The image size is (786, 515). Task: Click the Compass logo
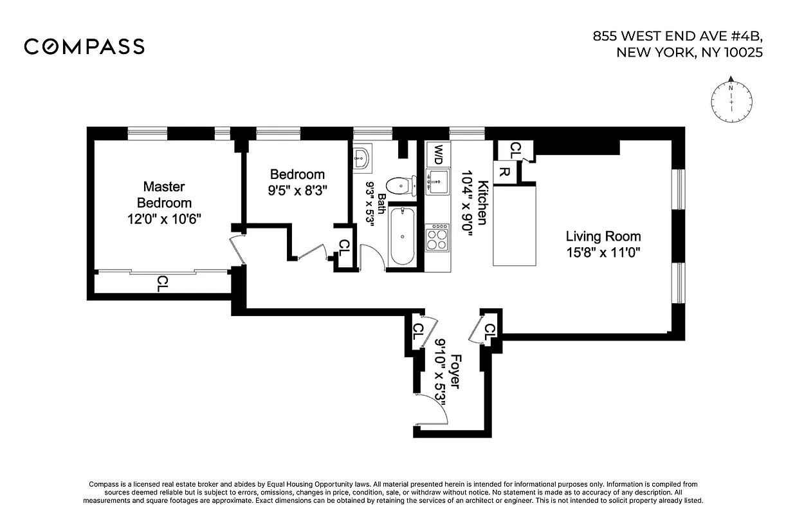click(x=84, y=46)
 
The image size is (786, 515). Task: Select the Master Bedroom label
click(x=163, y=194)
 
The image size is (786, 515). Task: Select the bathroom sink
click(x=362, y=158)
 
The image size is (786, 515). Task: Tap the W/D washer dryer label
click(x=438, y=154)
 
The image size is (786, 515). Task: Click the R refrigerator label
click(x=506, y=172)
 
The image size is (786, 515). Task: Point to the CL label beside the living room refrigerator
click(x=515, y=150)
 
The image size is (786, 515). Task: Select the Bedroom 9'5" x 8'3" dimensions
click(x=297, y=191)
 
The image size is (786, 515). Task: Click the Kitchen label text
click(x=481, y=202)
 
